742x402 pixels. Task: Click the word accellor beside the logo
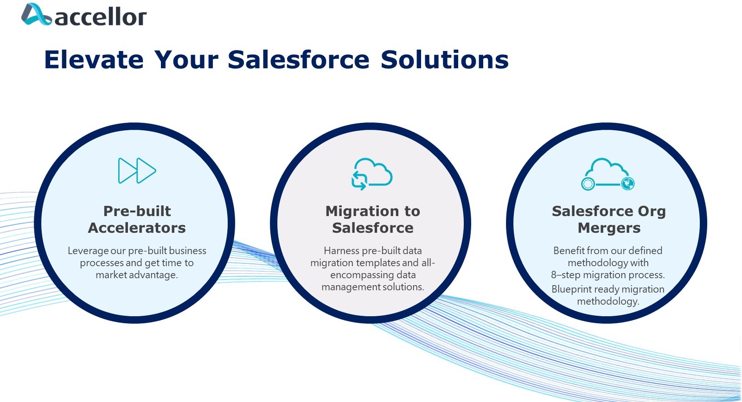click(101, 17)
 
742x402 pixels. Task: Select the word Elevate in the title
click(94, 60)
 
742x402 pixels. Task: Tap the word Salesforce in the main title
click(299, 60)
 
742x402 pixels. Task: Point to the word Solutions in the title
click(445, 60)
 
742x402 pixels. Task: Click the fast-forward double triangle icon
click(137, 171)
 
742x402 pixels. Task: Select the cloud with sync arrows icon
click(372, 174)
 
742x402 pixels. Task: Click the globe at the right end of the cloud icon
click(628, 184)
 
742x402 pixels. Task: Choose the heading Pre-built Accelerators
click(137, 219)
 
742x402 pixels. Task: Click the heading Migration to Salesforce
click(373, 219)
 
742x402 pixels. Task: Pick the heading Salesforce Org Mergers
click(609, 219)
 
